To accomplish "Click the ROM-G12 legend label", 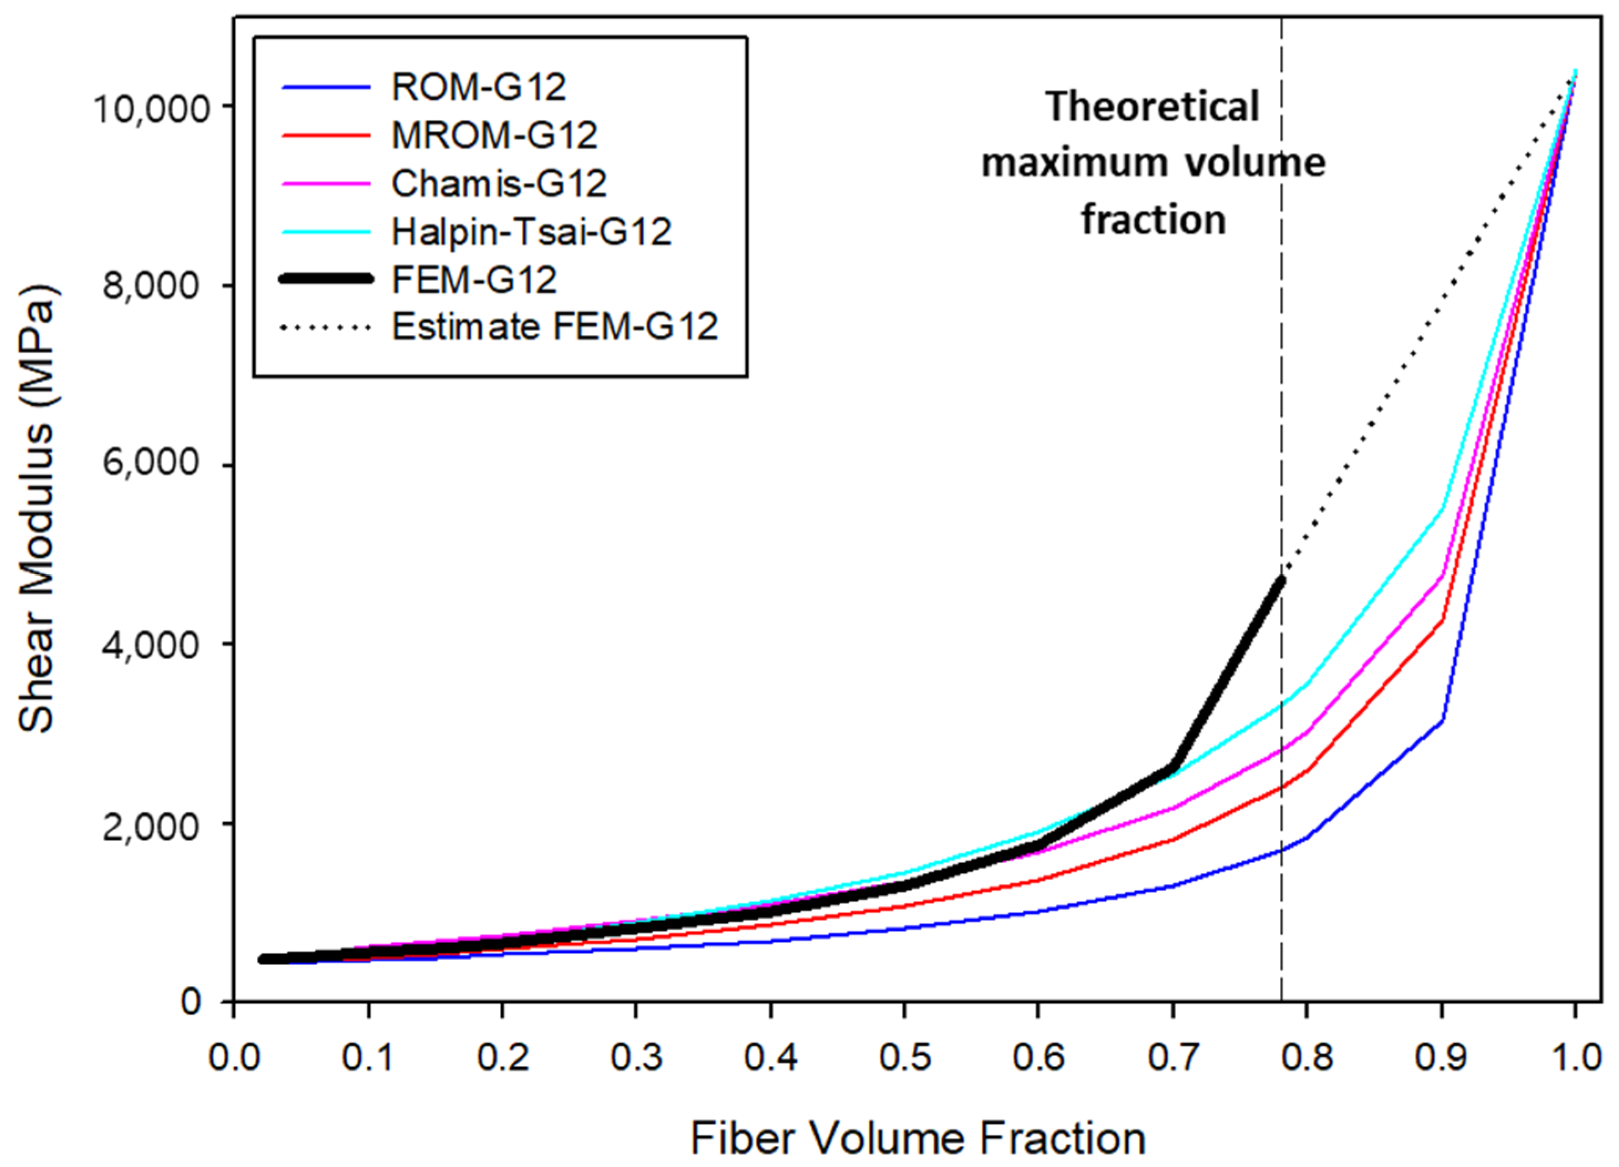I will click(478, 87).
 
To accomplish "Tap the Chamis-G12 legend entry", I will click(498, 184).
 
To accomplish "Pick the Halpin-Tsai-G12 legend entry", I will click(531, 231).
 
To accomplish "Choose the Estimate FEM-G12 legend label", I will click(555, 327).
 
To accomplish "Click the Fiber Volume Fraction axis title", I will click(918, 1138).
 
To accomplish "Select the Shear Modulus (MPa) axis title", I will click(37, 509).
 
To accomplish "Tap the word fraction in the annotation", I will click(1154, 219).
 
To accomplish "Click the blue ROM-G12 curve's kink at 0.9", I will click(1442, 720).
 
